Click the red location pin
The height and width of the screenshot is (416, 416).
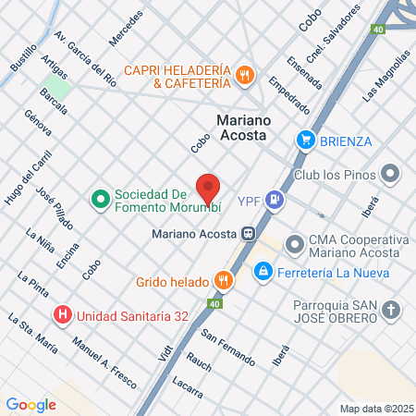[208, 188]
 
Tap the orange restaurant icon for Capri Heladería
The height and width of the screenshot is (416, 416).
[244, 76]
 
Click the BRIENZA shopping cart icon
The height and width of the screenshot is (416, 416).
[306, 141]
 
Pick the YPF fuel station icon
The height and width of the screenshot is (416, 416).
[274, 199]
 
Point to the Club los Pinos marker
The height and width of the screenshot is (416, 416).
[391, 174]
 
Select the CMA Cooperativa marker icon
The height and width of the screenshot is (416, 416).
[295, 245]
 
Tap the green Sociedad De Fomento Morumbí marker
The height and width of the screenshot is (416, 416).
[100, 199]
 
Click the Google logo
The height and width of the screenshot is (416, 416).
[31, 404]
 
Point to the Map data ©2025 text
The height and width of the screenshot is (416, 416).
[374, 409]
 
